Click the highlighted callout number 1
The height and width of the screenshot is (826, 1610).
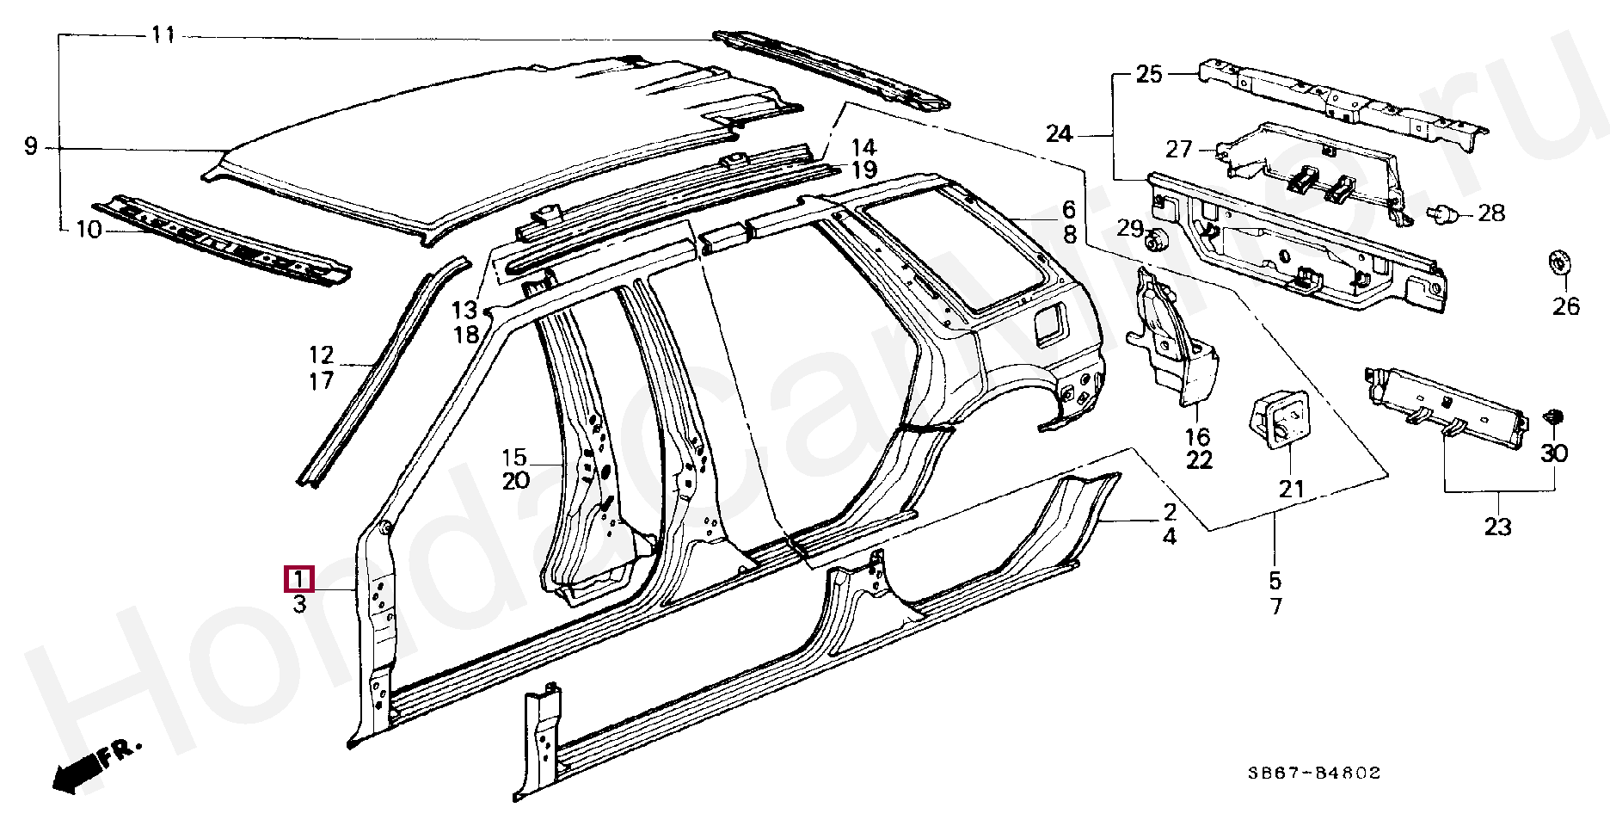[x=298, y=579]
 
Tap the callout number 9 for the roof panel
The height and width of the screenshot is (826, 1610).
[x=32, y=147]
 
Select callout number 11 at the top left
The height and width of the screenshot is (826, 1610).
[x=163, y=35]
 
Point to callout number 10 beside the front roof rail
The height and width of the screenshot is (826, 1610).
[x=89, y=230]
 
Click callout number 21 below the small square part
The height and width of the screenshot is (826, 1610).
[x=1291, y=490]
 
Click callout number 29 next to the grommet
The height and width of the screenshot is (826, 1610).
[x=1130, y=229]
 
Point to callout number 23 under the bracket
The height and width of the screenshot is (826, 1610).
[x=1497, y=527]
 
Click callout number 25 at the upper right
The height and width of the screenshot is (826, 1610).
[x=1149, y=74]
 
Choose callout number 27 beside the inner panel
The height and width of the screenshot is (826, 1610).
[x=1179, y=150]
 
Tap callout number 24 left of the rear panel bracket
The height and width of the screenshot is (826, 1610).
[x=1060, y=134]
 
